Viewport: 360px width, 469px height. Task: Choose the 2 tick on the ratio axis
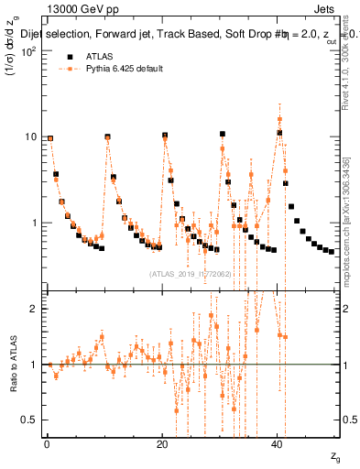[x=34, y=309]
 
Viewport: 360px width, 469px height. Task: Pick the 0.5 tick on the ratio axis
[x=30, y=420]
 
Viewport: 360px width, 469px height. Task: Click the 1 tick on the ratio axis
[x=34, y=365]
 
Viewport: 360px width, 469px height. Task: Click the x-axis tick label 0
[x=47, y=444]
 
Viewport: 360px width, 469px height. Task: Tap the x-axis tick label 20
[x=162, y=444]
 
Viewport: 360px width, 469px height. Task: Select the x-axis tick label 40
[x=278, y=444]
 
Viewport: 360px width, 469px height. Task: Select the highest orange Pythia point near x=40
[x=279, y=119]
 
